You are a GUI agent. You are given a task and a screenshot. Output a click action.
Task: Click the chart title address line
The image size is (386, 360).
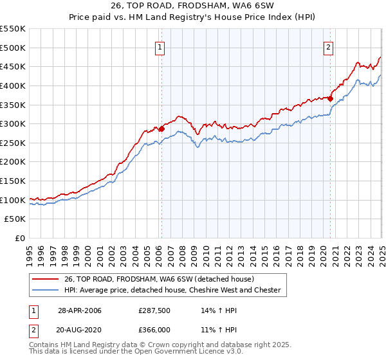tap(192, 7)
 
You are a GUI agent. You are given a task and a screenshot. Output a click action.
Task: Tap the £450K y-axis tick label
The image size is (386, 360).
tap(13, 66)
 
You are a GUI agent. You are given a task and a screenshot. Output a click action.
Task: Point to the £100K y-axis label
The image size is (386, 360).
tap(13, 200)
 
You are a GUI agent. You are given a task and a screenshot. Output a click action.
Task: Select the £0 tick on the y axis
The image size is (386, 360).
tap(20, 238)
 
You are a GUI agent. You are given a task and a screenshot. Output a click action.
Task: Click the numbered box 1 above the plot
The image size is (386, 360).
tap(159, 46)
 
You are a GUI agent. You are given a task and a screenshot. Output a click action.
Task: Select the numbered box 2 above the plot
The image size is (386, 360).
tap(328, 46)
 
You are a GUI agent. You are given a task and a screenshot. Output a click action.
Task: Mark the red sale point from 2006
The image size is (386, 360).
tap(161, 129)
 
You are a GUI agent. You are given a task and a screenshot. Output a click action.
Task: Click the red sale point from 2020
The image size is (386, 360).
tap(330, 98)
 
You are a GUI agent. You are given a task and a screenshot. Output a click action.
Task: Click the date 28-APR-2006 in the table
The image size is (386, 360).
tap(80, 310)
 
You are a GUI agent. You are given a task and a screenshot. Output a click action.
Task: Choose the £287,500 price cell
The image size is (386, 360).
tap(153, 310)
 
